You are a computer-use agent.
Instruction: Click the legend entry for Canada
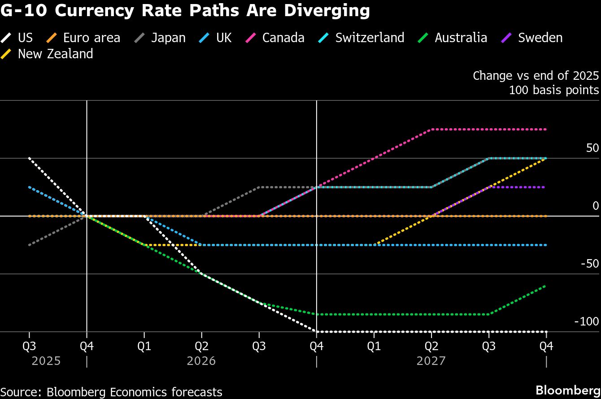(283, 38)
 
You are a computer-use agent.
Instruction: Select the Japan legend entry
(168, 38)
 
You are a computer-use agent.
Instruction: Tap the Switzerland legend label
(369, 38)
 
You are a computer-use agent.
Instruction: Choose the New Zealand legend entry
(55, 54)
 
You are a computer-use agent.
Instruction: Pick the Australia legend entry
(460, 38)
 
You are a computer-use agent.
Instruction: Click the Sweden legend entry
(540, 38)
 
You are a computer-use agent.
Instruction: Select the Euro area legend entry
(91, 38)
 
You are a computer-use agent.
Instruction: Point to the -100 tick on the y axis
(587, 321)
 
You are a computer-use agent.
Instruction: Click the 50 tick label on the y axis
(592, 148)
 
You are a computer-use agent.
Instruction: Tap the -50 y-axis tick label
(589, 264)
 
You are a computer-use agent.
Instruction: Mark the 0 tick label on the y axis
(596, 206)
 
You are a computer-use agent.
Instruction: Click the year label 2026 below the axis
(201, 361)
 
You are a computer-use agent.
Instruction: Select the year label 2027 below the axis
(431, 361)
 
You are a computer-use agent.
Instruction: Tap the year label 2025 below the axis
(46, 361)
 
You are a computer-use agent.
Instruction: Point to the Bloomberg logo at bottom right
(568, 389)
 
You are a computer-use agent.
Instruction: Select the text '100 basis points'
(553, 90)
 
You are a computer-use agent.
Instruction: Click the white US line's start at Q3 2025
(30, 158)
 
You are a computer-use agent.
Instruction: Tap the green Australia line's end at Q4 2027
(546, 286)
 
